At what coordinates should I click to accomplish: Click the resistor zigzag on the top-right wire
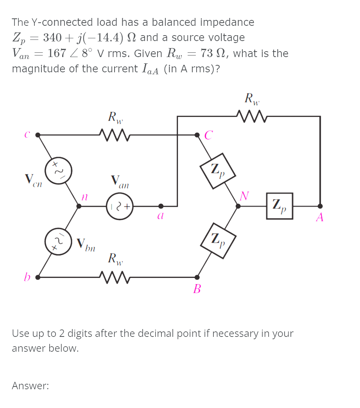[x=251, y=116]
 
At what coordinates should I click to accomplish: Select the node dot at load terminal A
[x=320, y=206]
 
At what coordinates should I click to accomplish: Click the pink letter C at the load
[x=209, y=136]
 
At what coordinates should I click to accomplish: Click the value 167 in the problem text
[x=56, y=53]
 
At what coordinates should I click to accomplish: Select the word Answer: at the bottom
[x=30, y=386]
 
